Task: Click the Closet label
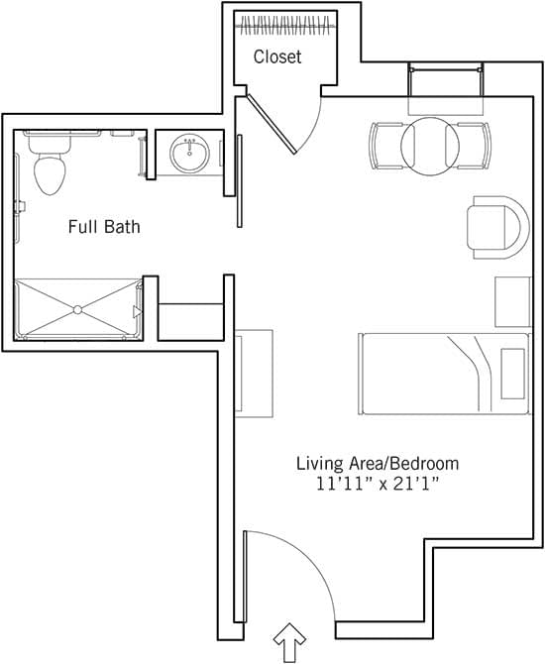pyautogui.click(x=276, y=56)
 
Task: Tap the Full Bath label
pyautogui.click(x=104, y=227)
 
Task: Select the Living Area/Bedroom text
pyautogui.click(x=378, y=463)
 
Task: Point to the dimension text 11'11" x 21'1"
pyautogui.click(x=378, y=485)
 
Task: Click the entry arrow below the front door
pyautogui.click(x=289, y=643)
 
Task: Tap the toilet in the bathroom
pyautogui.click(x=49, y=169)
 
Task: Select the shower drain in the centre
pyautogui.click(x=77, y=309)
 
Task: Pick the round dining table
pyautogui.click(x=428, y=146)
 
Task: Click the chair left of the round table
pyautogui.click(x=384, y=145)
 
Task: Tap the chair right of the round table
pyautogui.click(x=472, y=145)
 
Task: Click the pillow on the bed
pyautogui.click(x=514, y=373)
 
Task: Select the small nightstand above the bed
pyautogui.click(x=512, y=299)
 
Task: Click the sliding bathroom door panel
pyautogui.click(x=240, y=180)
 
